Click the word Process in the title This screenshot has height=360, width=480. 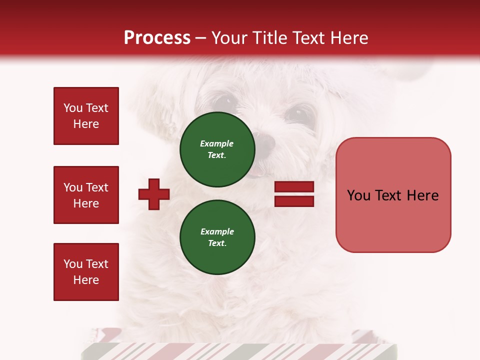pos(157,38)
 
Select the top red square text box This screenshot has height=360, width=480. pos(86,116)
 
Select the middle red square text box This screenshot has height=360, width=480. pos(86,195)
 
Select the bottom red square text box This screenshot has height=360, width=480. pos(86,271)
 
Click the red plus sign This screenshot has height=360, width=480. pos(154,193)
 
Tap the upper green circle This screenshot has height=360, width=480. pos(217,149)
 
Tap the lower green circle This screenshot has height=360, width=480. pos(217,237)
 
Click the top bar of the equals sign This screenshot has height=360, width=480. pos(294,187)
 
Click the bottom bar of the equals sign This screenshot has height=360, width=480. pos(294,201)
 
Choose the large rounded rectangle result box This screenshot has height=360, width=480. pos(393,195)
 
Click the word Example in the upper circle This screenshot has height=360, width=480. pos(216,143)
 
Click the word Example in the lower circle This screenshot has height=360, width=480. pos(217,231)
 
